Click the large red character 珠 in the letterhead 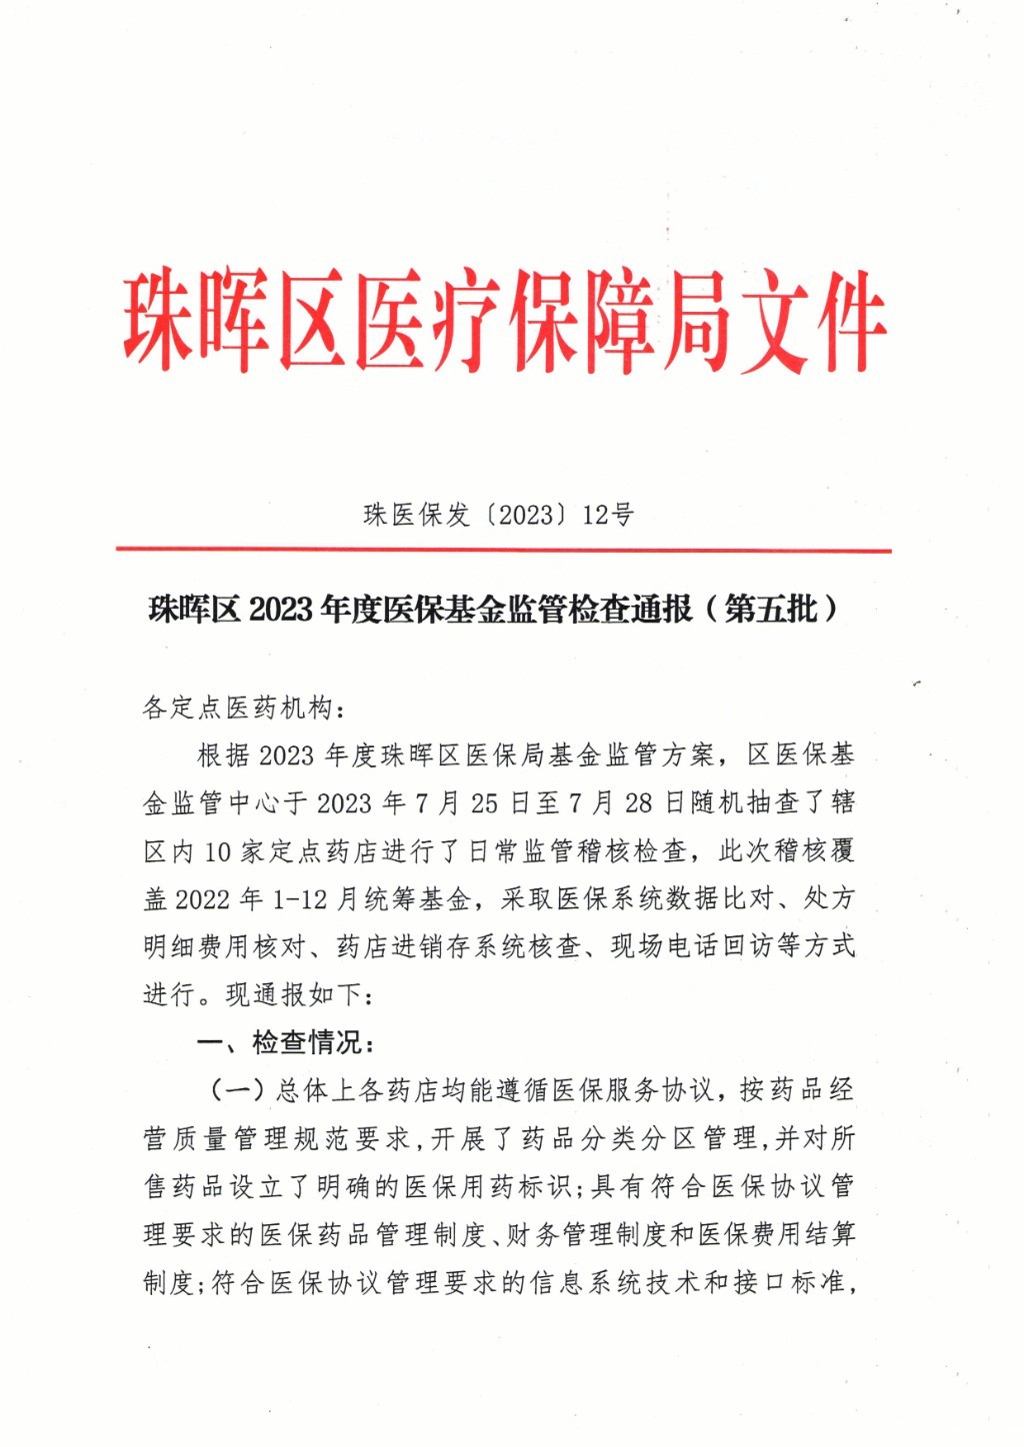tap(159, 320)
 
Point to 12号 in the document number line tap(608, 516)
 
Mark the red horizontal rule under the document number tap(503, 550)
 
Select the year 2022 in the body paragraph tap(202, 899)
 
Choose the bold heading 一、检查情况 tap(285, 1043)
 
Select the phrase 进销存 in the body tap(443, 946)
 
